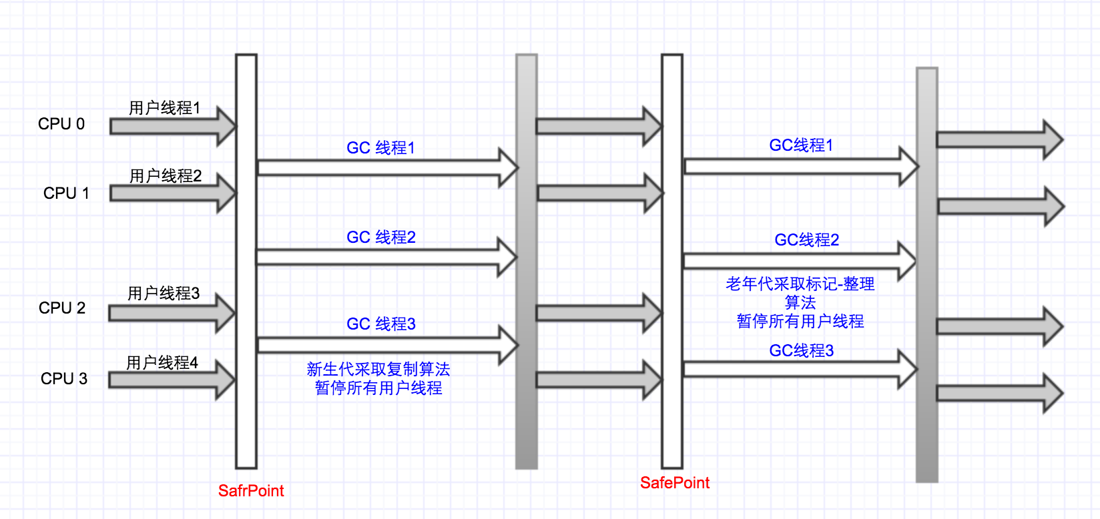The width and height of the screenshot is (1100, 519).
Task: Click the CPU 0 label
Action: pos(61,124)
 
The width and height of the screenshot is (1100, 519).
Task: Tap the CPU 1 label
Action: pos(66,193)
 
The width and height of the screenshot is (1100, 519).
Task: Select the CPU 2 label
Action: pos(62,308)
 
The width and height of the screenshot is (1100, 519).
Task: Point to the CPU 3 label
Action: pos(64,379)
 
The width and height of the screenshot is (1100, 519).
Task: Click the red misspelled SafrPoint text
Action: pos(251,491)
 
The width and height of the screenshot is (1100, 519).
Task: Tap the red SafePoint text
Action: pos(675,483)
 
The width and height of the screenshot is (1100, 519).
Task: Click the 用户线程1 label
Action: pos(165,108)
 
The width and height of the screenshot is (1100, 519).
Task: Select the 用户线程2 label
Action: pos(166,176)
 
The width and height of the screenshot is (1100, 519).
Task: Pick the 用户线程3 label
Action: pos(164,294)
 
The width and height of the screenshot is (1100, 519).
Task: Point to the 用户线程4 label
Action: pos(162,363)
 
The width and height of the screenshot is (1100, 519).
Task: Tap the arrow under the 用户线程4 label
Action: pos(171,380)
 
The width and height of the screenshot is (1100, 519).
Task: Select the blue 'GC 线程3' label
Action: pos(381,324)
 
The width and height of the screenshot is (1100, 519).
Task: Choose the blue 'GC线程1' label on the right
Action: pos(801,145)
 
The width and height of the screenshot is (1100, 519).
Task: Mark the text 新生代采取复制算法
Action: pos(378,370)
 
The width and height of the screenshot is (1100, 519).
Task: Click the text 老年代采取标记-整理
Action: pos(800,284)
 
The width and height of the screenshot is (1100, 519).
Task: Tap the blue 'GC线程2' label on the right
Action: pos(807,240)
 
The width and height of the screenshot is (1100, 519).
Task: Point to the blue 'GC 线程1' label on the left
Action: pos(381,148)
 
